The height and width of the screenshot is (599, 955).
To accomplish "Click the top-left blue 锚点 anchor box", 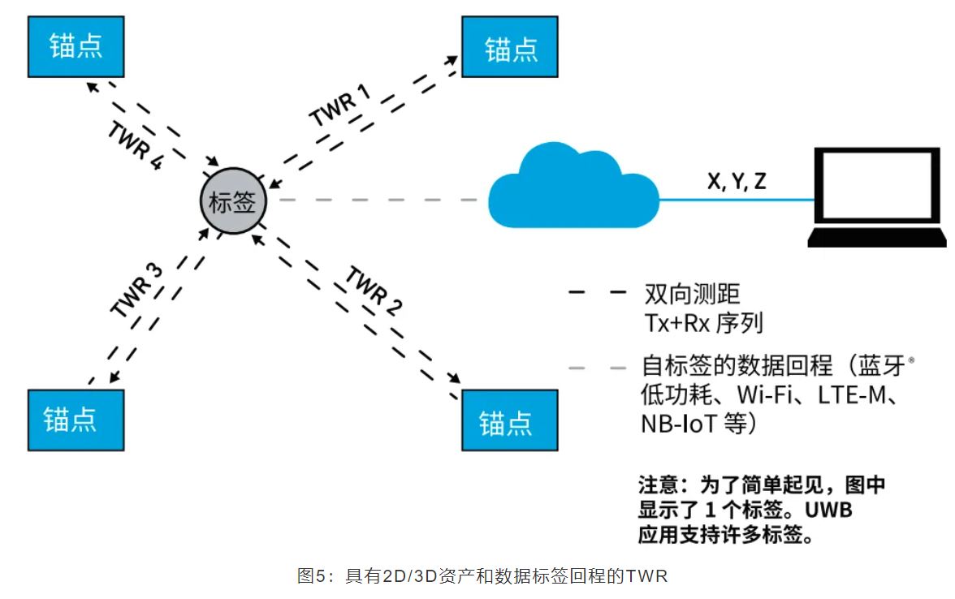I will click(76, 46).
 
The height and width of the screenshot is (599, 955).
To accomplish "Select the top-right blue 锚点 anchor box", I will click(510, 48).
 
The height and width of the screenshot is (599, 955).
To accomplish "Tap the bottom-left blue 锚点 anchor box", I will click(76, 420).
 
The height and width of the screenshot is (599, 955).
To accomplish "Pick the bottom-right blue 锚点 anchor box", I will click(510, 420).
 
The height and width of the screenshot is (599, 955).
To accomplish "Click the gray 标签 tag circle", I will click(233, 202).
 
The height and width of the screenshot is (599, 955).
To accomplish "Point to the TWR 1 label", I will click(339, 106).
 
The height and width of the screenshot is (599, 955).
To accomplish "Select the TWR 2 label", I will click(374, 290).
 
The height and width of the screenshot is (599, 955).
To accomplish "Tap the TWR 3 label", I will click(136, 290).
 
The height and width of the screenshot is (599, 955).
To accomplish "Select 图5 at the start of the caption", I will click(312, 577).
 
